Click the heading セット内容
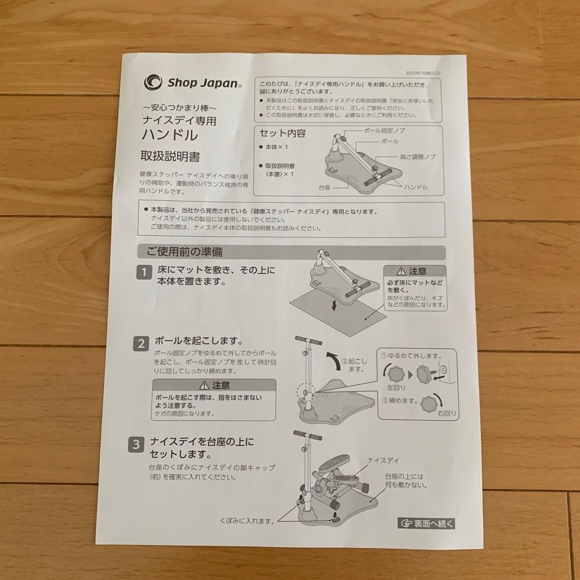tap(282, 133)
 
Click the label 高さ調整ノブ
tap(417, 157)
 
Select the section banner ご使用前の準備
tap(180, 251)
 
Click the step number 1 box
tap(143, 273)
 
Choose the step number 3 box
tap(136, 445)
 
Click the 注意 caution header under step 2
tap(214, 385)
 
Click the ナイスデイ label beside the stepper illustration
tap(384, 460)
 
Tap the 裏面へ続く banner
tap(427, 523)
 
